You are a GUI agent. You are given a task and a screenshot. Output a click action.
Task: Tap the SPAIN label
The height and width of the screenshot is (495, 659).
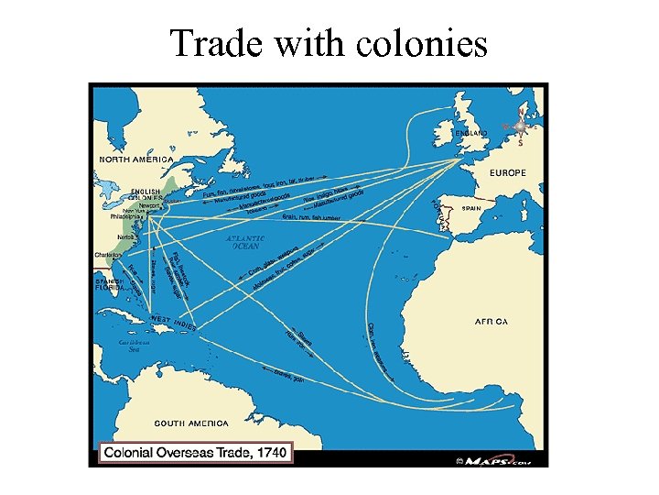[x=471, y=209]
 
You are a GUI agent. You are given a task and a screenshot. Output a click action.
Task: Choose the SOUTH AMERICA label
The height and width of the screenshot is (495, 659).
[x=190, y=423]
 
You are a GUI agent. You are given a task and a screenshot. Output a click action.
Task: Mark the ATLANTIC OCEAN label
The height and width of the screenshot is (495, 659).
[x=245, y=242]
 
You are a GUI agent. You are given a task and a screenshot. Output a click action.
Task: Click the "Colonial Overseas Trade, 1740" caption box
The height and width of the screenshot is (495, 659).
[x=195, y=452]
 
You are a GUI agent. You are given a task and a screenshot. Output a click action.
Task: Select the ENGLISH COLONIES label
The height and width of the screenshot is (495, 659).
[x=145, y=193]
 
